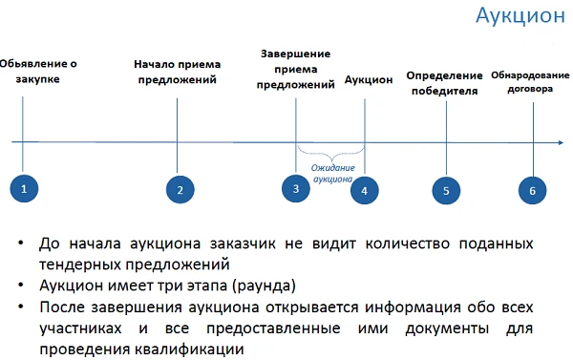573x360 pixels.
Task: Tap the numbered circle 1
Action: click(x=23, y=188)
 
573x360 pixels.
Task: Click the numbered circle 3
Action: click(x=296, y=188)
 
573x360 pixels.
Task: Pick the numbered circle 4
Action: click(x=365, y=189)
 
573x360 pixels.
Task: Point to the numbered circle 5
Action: click(x=445, y=189)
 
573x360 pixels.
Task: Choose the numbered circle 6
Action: click(x=533, y=189)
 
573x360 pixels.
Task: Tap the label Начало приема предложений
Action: click(x=177, y=72)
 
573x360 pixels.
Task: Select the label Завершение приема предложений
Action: click(x=296, y=70)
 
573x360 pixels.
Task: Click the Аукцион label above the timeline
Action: click(x=369, y=80)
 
